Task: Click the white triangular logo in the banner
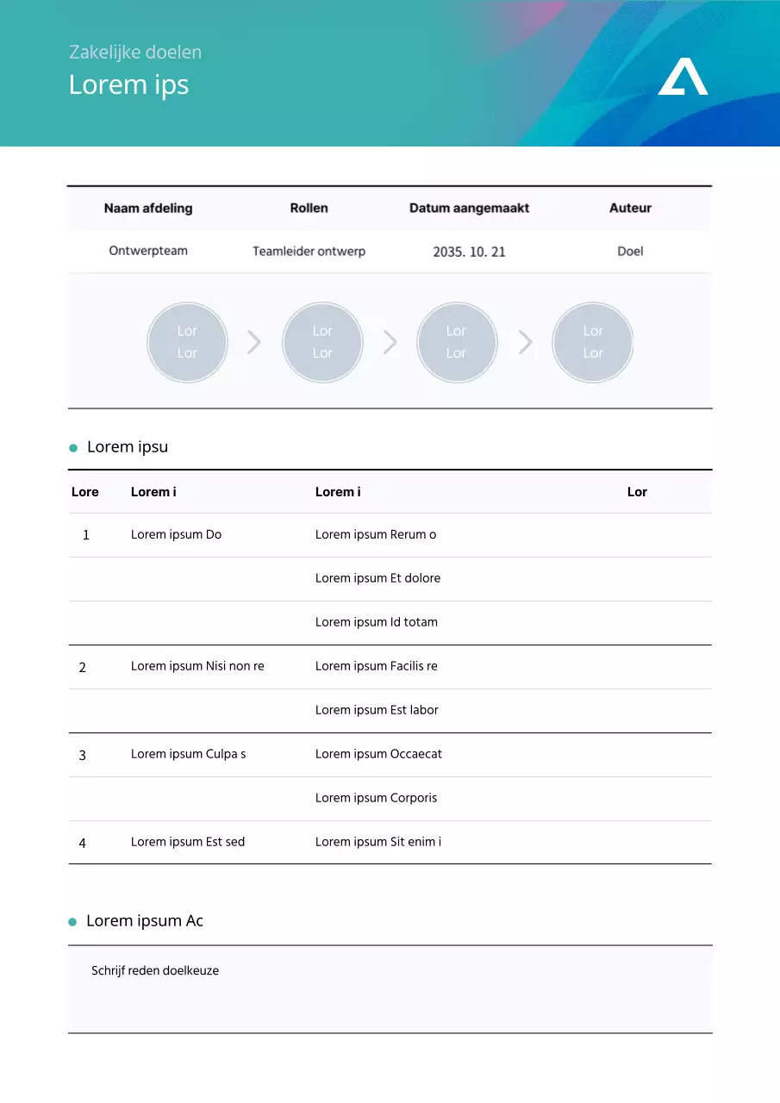[x=683, y=78]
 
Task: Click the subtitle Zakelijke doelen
[x=135, y=53]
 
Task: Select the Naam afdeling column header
[x=148, y=208]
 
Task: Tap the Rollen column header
[x=309, y=208]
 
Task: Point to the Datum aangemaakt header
[x=469, y=208]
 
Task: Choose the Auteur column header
[x=630, y=208]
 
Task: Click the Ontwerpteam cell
[x=148, y=251]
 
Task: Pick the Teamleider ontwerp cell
[x=309, y=252]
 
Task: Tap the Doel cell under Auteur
[x=630, y=252]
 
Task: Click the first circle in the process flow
[x=187, y=342]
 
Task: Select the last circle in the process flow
[x=593, y=342]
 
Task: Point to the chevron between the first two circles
[x=254, y=342]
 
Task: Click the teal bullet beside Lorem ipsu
[x=73, y=448]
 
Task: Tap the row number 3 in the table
[x=83, y=755]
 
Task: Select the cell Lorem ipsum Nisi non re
[x=197, y=666]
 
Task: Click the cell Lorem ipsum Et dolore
[x=378, y=578]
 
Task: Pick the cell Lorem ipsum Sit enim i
[x=378, y=842]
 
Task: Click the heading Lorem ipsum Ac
[x=145, y=920]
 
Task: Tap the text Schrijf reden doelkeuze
[x=155, y=970]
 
